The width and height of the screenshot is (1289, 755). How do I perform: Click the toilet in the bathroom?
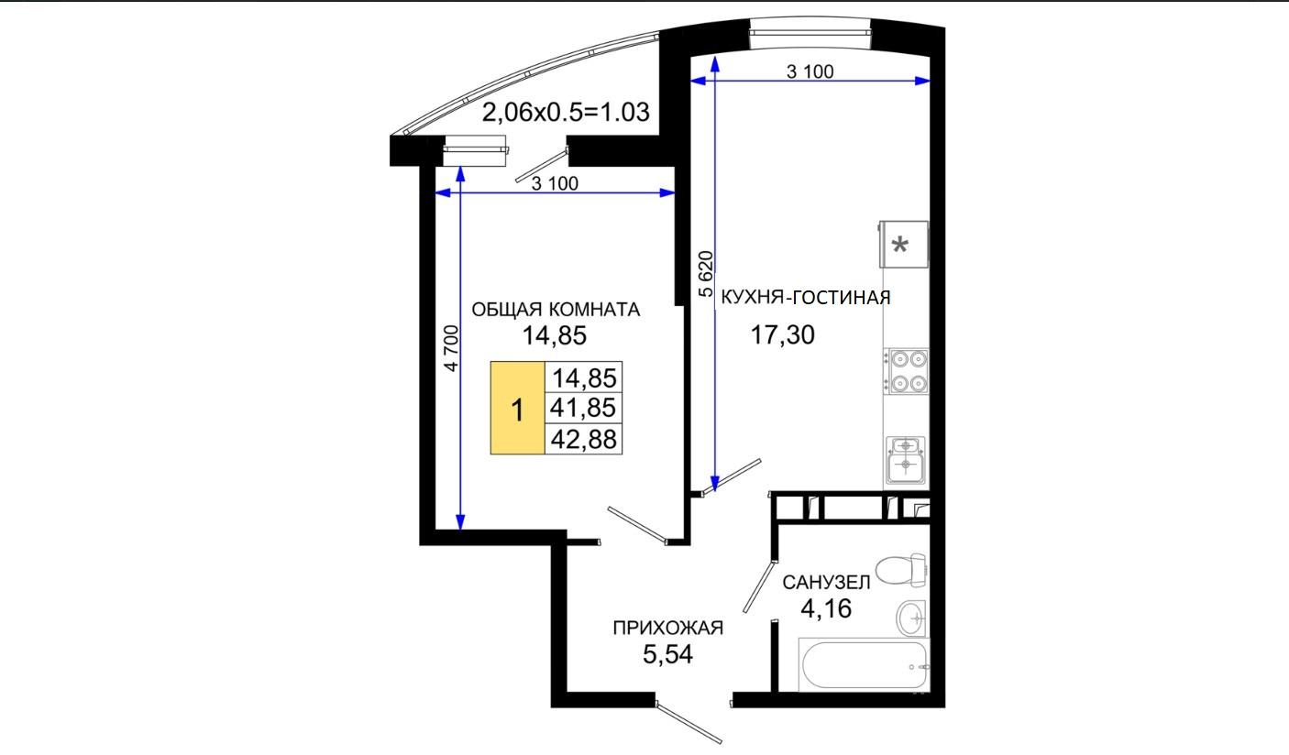pyautogui.click(x=900, y=570)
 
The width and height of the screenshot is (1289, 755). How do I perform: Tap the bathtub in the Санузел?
pyautogui.click(x=864, y=664)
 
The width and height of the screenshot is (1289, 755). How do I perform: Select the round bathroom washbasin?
pyautogui.click(x=912, y=618)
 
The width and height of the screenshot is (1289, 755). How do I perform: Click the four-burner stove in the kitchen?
pyautogui.click(x=907, y=371)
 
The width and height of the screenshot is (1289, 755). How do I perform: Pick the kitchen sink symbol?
pyautogui.click(x=906, y=459)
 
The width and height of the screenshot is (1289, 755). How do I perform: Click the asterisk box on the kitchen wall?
pyautogui.click(x=904, y=245)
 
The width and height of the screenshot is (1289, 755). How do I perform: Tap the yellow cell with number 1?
pyautogui.click(x=517, y=409)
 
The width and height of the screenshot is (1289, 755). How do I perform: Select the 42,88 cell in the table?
pyautogui.click(x=583, y=440)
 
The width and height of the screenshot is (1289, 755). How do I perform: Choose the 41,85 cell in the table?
pyautogui.click(x=583, y=409)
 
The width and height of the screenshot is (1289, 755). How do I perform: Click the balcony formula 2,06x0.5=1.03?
pyautogui.click(x=566, y=112)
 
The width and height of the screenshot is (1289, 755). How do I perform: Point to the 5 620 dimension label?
pyautogui.click(x=706, y=274)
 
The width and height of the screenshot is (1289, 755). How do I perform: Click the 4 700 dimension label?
pyautogui.click(x=452, y=348)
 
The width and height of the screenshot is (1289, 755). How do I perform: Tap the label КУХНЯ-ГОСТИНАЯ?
pyautogui.click(x=806, y=297)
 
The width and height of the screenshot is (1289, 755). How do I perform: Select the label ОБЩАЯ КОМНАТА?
pyautogui.click(x=556, y=310)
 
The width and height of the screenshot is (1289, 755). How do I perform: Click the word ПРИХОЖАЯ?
pyautogui.click(x=667, y=628)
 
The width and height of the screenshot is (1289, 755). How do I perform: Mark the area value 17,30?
pyautogui.click(x=783, y=334)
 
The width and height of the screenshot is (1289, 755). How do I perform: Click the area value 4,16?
pyautogui.click(x=826, y=608)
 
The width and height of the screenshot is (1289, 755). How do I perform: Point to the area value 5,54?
pyautogui.click(x=667, y=654)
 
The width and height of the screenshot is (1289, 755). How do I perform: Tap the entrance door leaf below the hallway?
pyautogui.click(x=689, y=723)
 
